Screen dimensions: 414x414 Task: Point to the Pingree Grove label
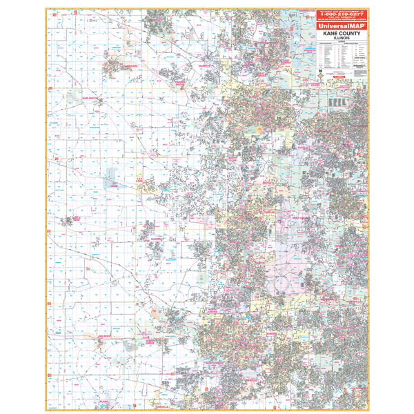(x=164, y=82)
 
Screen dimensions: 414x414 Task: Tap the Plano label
(x=104, y=400)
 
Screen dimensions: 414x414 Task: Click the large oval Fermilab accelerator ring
(x=281, y=284)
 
